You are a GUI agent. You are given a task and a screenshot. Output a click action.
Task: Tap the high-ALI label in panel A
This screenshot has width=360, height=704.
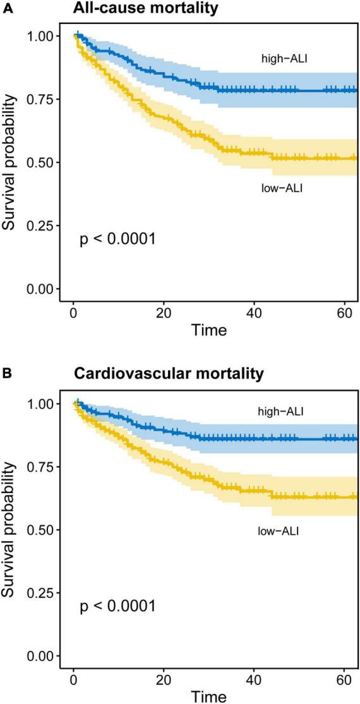coord(284,59)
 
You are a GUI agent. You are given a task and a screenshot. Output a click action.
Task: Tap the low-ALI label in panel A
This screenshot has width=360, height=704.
coord(282,187)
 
